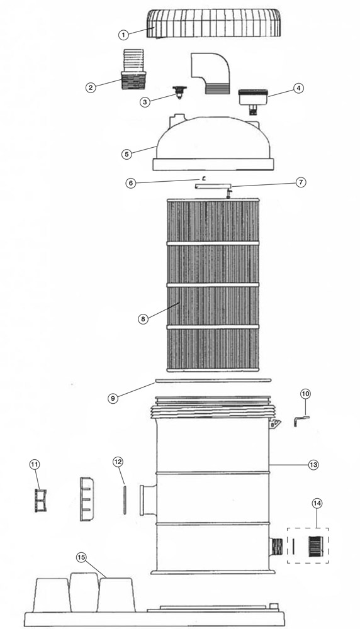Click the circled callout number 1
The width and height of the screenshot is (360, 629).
(x=123, y=35)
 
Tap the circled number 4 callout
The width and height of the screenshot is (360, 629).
(x=298, y=88)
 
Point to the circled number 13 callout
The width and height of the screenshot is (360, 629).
(x=313, y=465)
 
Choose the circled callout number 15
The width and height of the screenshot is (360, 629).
(x=81, y=557)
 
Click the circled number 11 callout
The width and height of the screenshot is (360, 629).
(x=35, y=464)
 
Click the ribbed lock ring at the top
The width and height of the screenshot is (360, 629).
(x=213, y=23)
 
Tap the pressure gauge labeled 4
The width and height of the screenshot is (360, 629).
(x=253, y=101)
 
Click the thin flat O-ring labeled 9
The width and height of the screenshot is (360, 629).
(x=213, y=381)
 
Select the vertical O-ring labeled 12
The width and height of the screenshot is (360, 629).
(x=125, y=500)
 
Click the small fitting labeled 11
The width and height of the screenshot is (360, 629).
(x=40, y=501)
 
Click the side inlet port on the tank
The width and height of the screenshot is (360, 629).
(x=148, y=500)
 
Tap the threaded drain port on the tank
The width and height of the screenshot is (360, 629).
(x=276, y=547)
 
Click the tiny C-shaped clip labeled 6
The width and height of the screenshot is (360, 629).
(x=204, y=178)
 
